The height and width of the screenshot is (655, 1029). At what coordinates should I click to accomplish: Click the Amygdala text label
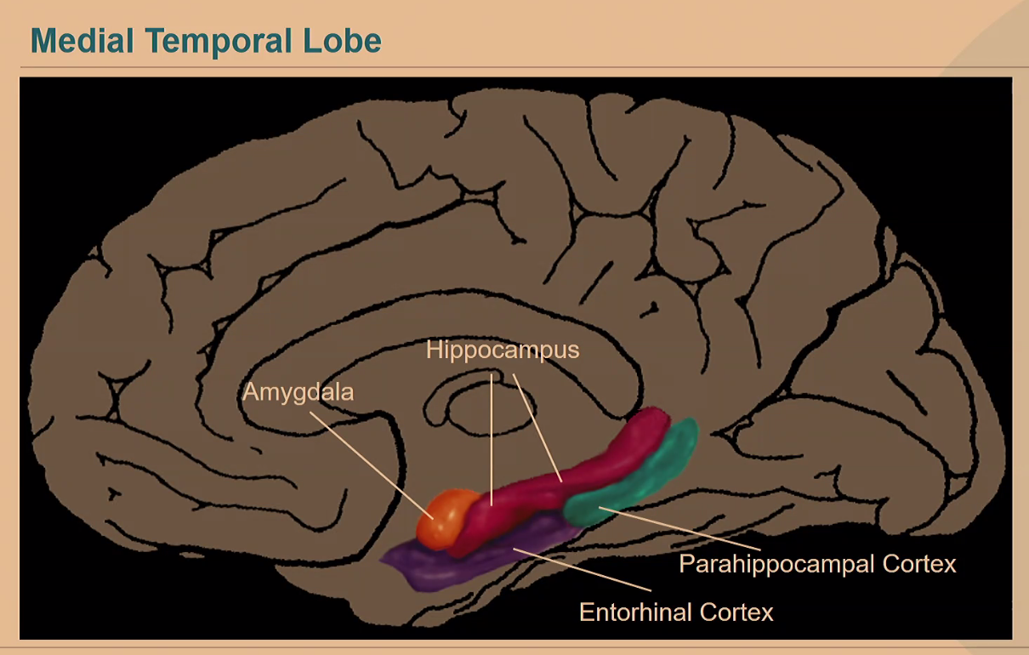[x=298, y=393]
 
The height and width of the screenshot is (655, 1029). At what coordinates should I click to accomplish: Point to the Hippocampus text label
[x=503, y=350]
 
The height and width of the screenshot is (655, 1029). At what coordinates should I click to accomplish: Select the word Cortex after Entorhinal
[x=739, y=612]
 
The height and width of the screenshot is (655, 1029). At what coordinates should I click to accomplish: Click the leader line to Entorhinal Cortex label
[x=587, y=571]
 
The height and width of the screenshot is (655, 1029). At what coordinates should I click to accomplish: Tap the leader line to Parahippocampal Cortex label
[x=680, y=527]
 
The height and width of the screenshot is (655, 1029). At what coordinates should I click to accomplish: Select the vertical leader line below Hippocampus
[x=492, y=434]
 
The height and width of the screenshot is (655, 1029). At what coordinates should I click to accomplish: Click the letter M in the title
[x=42, y=40]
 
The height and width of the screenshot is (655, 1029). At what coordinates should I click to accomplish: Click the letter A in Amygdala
[x=250, y=393]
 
